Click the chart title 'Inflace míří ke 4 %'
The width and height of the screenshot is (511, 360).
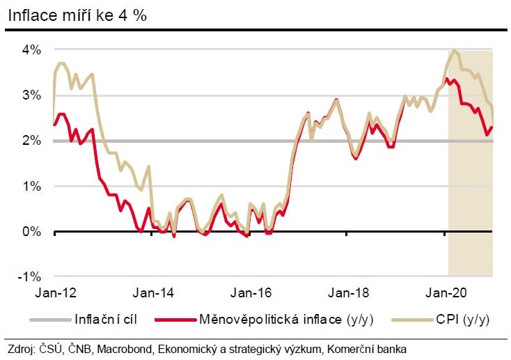coord(77,15)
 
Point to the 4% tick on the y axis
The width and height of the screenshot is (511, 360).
coord(32,50)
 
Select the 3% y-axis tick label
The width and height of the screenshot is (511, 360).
coord(32,95)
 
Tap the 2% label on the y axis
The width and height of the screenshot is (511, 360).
coord(32,141)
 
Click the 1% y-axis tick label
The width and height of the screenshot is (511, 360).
coord(32,187)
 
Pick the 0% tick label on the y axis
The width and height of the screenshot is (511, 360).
coord(32,232)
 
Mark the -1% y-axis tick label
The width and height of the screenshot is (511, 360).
coord(31,276)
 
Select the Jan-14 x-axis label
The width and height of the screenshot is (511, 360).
coord(150,293)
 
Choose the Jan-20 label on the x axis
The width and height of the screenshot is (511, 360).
coord(445,293)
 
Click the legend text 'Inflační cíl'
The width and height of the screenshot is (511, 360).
coord(104,320)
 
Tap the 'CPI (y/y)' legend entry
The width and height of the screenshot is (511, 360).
coord(463,320)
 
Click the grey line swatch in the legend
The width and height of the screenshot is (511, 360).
coord(49,320)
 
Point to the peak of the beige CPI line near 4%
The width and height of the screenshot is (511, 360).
coord(455,50)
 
